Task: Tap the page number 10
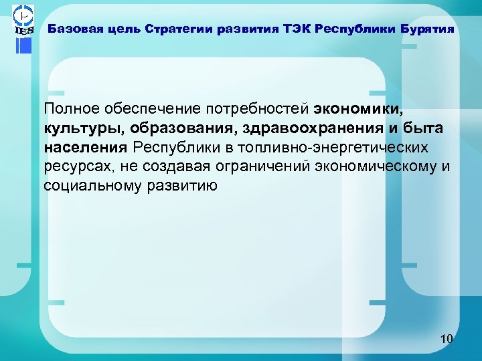coord(447,340)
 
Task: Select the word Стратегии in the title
coord(179,29)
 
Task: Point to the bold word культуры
coord(82,128)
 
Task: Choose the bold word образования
coord(179,128)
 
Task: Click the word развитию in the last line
coord(187,185)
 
